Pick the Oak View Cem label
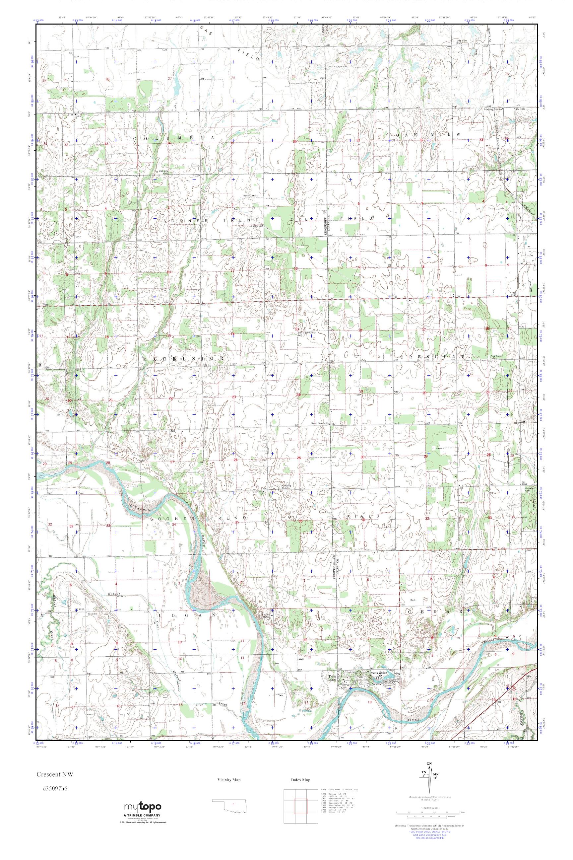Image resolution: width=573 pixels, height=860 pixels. tap(462, 41)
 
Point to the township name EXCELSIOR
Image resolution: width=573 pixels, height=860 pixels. tap(183, 359)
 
